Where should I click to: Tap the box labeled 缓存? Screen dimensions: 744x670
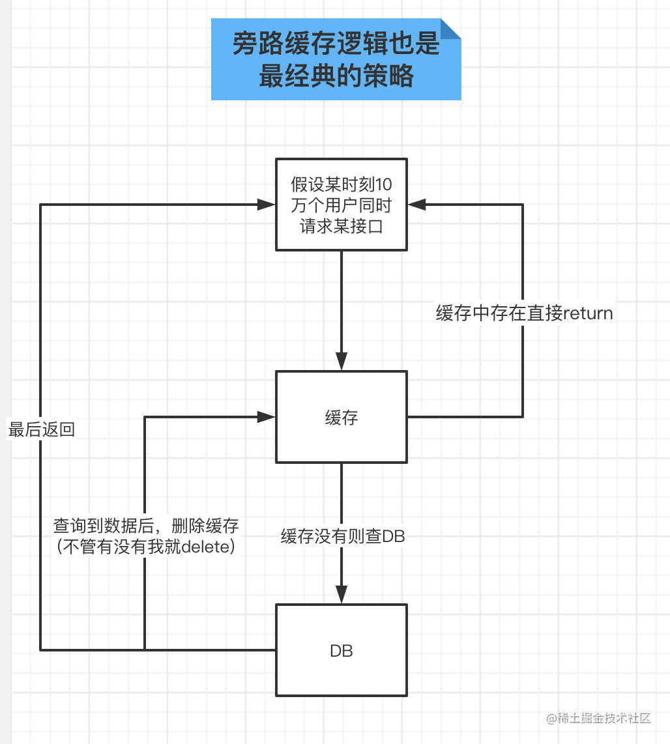click(x=342, y=417)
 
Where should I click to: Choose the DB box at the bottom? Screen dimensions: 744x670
click(x=342, y=650)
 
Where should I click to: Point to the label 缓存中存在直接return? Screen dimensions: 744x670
click(x=524, y=313)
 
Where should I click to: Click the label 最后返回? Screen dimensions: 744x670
click(x=41, y=430)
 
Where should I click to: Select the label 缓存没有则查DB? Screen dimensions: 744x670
click(x=343, y=537)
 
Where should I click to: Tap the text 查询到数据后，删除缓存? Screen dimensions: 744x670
click(x=146, y=526)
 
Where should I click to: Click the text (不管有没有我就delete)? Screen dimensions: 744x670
click(x=146, y=547)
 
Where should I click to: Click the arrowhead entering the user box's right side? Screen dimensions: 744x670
click(x=417, y=205)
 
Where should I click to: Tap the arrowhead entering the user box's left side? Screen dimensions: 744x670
click(x=266, y=205)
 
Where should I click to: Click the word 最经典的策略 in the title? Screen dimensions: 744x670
click(x=336, y=76)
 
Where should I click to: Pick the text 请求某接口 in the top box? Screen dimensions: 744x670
click(x=342, y=227)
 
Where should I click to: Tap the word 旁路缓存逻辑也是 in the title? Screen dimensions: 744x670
click(x=336, y=45)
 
